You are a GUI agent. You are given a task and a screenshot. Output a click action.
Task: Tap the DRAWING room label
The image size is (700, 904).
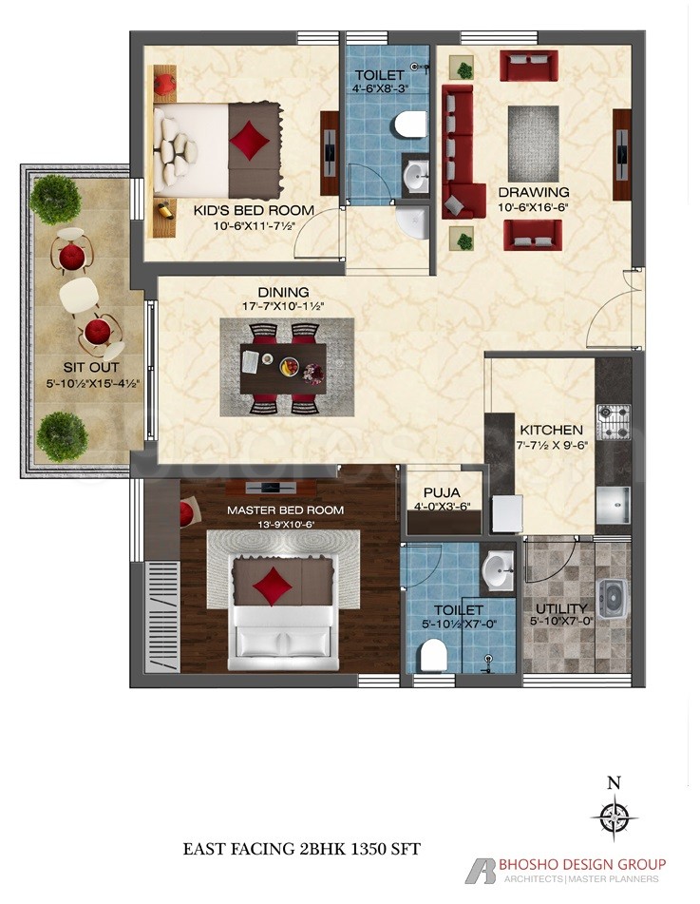point(533,192)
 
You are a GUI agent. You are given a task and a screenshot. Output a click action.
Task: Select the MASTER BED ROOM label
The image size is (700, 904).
point(285,510)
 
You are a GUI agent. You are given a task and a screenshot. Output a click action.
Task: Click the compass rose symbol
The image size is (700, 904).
point(615,816)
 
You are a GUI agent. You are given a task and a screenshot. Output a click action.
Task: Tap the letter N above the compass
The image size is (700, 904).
point(615,783)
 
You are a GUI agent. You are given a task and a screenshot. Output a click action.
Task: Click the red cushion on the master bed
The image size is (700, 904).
point(275,581)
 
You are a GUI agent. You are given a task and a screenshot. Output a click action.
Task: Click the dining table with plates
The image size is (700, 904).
point(283,366)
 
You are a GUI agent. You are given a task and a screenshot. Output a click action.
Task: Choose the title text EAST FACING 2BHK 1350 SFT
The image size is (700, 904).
point(301,848)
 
